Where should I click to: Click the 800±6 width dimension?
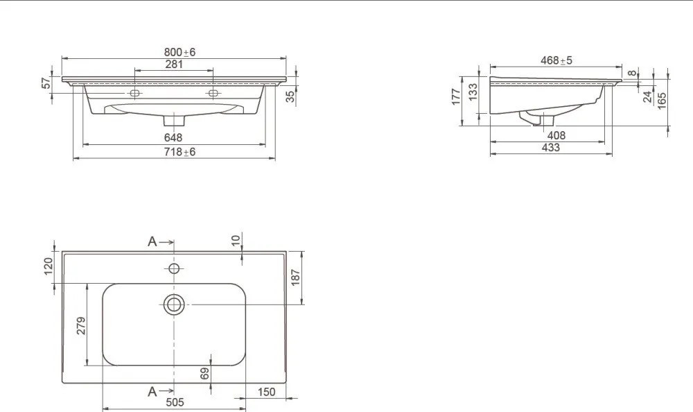point(180,52)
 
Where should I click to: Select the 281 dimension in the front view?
point(174,65)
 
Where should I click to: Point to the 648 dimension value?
point(173,137)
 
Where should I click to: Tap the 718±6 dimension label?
point(179,152)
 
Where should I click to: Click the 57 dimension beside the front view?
point(46,83)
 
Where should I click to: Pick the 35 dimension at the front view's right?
point(290,96)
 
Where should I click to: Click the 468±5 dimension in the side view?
point(556,60)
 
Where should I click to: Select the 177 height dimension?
point(456,97)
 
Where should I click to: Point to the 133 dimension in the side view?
point(473,92)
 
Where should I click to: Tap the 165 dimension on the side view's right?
point(662,101)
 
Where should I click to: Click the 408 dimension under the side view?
point(556,135)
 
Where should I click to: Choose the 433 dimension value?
point(551,147)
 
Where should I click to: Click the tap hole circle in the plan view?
point(174,268)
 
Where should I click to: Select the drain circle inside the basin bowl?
point(174,304)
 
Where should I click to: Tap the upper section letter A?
point(152,241)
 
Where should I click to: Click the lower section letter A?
point(152,392)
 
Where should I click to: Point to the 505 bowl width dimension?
point(175,402)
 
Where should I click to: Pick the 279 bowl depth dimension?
point(81,326)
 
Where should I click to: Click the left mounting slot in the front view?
point(134,93)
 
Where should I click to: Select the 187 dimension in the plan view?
point(296,277)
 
